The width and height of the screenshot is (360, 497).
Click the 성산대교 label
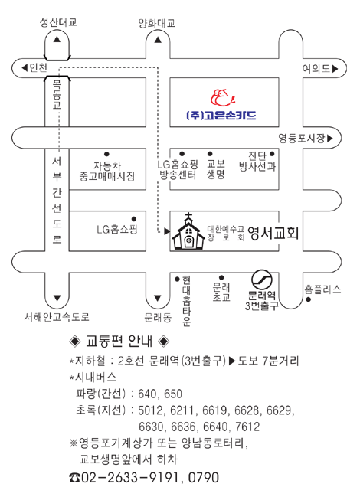58,22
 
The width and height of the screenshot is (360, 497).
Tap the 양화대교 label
157,23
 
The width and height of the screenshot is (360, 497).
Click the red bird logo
223,98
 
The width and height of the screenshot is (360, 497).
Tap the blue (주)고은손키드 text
221,116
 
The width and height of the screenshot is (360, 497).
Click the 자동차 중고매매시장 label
107,172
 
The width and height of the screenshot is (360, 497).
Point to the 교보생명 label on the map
216,169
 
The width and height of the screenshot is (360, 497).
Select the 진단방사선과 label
257,162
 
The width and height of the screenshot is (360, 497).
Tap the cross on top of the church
188,217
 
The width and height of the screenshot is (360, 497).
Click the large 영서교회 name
273,234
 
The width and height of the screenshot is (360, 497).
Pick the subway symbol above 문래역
262,280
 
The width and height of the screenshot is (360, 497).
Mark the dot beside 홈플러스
308,299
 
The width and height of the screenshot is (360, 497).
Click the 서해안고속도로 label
57,316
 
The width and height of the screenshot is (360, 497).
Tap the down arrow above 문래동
158,298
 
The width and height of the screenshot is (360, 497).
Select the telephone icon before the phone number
75,477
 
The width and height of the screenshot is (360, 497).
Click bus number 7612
247,427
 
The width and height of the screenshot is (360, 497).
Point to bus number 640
147,394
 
